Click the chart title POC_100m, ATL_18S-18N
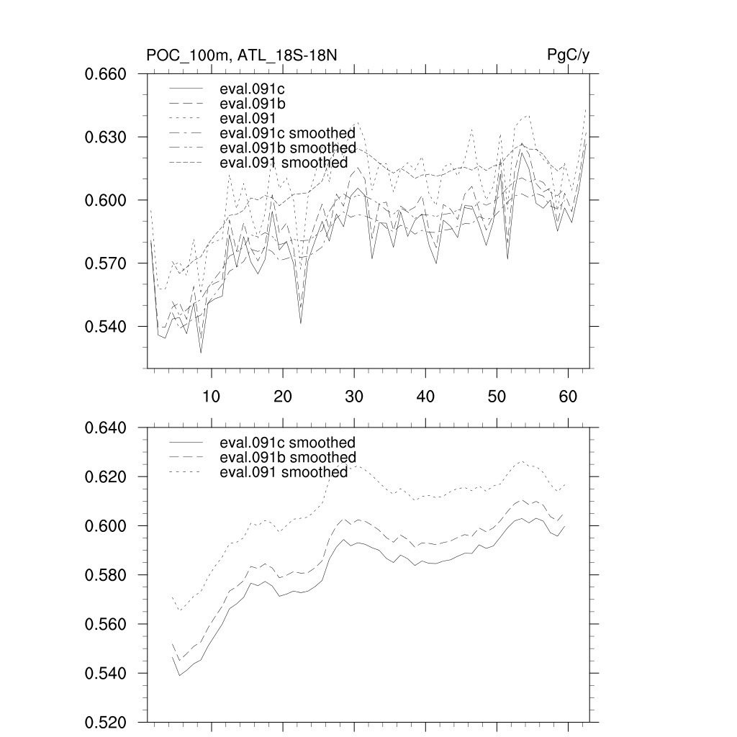click(242, 55)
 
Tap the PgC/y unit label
click(569, 55)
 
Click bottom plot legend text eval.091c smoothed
click(287, 443)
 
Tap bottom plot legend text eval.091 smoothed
click(284, 472)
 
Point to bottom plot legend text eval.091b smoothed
click(287, 458)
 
